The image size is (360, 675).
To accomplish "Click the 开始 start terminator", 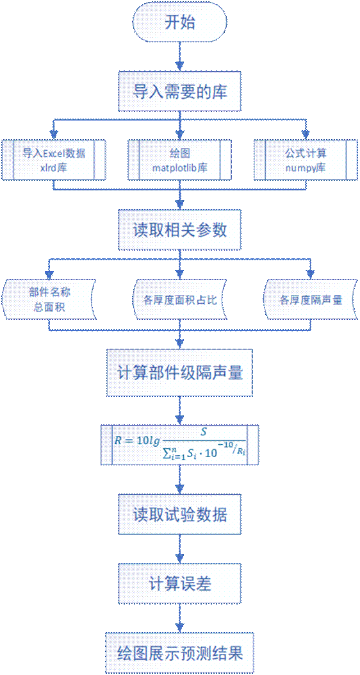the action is coord(180,23).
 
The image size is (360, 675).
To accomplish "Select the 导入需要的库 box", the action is coord(180,92).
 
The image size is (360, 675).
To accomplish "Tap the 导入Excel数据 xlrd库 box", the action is coord(53,159).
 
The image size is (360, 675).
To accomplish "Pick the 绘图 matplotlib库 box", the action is coord(180,159).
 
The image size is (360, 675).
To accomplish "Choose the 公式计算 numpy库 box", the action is coord(306,159).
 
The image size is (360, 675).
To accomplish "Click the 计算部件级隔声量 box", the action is coord(180,372).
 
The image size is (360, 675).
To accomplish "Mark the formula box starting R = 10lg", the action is coord(180,445).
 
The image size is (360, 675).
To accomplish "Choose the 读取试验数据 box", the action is coord(180,515).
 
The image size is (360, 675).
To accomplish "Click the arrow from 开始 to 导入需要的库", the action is coord(180,58).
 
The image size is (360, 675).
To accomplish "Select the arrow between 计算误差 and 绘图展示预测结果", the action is coord(180,619).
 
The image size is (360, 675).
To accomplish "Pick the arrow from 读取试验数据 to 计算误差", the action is coord(180,550).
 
